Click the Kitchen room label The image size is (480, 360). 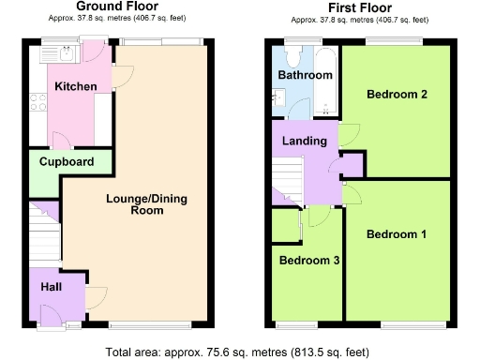pos(76,86)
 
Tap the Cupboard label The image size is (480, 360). pos(67,161)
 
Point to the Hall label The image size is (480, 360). pos(51,288)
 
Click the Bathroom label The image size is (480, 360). pos(305,75)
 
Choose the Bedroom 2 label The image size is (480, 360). pos(397,95)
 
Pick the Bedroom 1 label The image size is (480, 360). pos(397,233)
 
